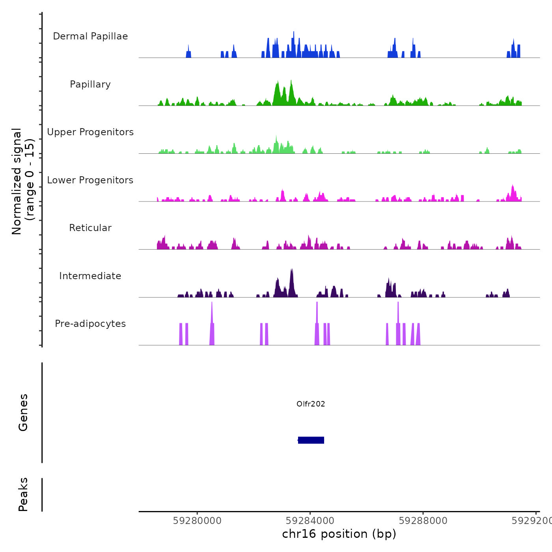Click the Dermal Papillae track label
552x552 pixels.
pos(90,36)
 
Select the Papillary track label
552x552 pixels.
pos(90,84)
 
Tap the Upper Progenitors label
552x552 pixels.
pos(90,132)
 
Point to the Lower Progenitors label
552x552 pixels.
pos(90,180)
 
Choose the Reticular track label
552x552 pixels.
pos(90,228)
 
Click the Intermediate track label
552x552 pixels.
pos(90,276)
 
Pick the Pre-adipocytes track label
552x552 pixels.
pos(90,324)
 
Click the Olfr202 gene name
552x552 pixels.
pos(311,404)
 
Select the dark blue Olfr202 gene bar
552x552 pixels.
pos(311,440)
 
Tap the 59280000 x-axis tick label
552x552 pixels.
pos(197,521)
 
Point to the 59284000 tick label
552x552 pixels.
pos(310,521)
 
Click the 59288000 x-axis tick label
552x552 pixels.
pos(423,521)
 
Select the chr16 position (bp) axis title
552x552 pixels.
pos(339,534)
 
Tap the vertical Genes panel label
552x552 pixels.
pos(23,412)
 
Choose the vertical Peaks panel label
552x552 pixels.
pos(23,494)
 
